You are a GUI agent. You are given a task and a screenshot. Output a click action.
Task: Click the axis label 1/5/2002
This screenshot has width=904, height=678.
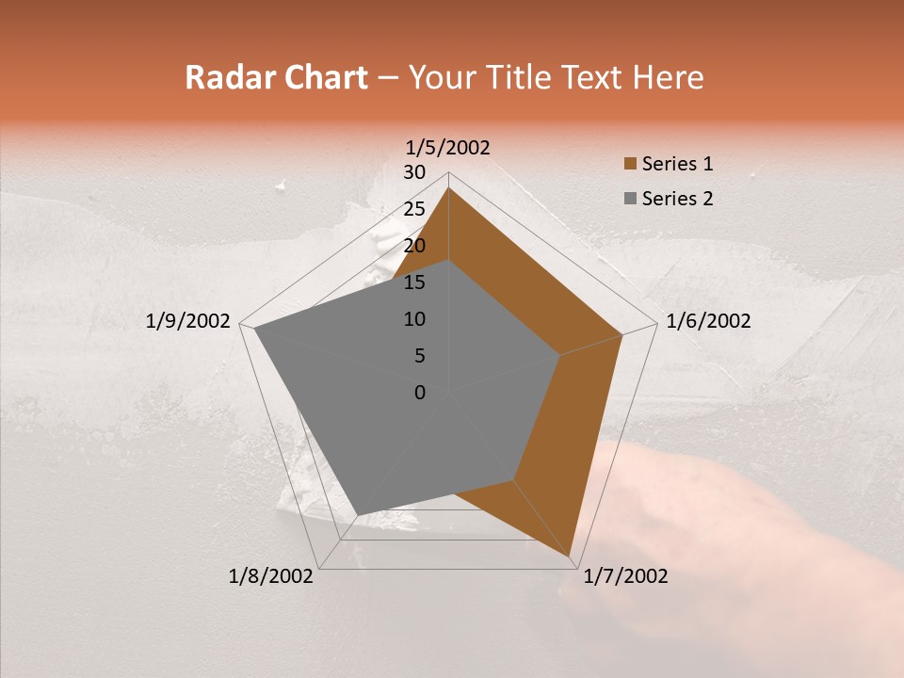pos(448,148)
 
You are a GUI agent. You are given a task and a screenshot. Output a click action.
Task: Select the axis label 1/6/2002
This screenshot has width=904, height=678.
pos(708,321)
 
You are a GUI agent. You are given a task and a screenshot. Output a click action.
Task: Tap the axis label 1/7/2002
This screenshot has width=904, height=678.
pos(625,576)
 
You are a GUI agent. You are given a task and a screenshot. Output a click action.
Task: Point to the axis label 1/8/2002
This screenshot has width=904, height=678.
pos(271,576)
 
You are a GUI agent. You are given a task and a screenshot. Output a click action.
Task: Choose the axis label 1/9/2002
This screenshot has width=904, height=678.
pos(188,321)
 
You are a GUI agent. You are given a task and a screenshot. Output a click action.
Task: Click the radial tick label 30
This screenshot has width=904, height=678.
pos(414,172)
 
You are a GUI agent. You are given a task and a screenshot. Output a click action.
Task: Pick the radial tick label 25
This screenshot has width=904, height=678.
pos(414,209)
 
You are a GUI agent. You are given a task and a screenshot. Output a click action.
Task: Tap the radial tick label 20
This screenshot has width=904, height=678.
pos(414,246)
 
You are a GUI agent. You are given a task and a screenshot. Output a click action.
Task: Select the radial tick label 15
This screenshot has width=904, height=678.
pos(414,282)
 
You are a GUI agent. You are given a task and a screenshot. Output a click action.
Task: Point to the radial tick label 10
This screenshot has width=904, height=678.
pos(414,319)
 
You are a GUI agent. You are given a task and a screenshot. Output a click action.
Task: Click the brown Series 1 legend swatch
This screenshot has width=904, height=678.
pos(629,164)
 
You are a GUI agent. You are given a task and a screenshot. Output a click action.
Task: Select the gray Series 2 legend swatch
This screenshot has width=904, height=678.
pos(629,199)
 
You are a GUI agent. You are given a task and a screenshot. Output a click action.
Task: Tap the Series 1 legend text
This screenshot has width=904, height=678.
pos(677,164)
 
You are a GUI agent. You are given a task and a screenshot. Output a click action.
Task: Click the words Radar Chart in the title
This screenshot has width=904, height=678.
pos(276,78)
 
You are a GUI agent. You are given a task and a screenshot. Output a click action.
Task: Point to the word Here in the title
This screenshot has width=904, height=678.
pos(668,78)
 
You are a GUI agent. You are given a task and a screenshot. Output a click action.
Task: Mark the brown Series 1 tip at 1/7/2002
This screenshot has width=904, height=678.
pos(572,557)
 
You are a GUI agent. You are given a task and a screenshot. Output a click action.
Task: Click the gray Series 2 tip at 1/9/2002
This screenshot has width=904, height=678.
pos(255,330)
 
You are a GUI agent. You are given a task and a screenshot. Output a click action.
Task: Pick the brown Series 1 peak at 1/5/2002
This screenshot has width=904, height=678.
pos(448,188)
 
